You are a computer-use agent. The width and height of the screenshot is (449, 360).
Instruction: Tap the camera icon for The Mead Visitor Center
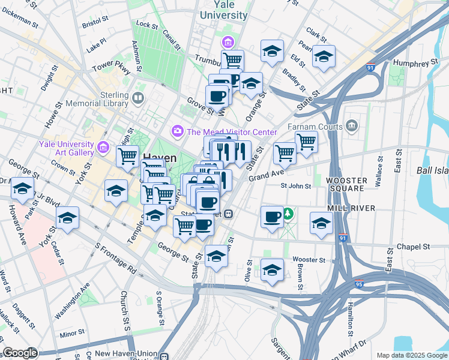point(178,130)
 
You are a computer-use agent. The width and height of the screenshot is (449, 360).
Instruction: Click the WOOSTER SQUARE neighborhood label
point(345,184)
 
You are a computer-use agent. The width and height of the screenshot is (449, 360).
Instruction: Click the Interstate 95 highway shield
point(358,283)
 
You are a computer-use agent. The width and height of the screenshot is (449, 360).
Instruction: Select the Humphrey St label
point(415,63)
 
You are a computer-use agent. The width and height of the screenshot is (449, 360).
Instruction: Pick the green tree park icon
point(289,213)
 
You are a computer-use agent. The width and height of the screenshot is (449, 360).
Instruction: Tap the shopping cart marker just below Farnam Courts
point(306,142)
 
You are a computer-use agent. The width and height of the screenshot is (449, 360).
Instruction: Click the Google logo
point(20,353)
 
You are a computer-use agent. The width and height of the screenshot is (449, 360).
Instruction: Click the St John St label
point(296,186)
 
